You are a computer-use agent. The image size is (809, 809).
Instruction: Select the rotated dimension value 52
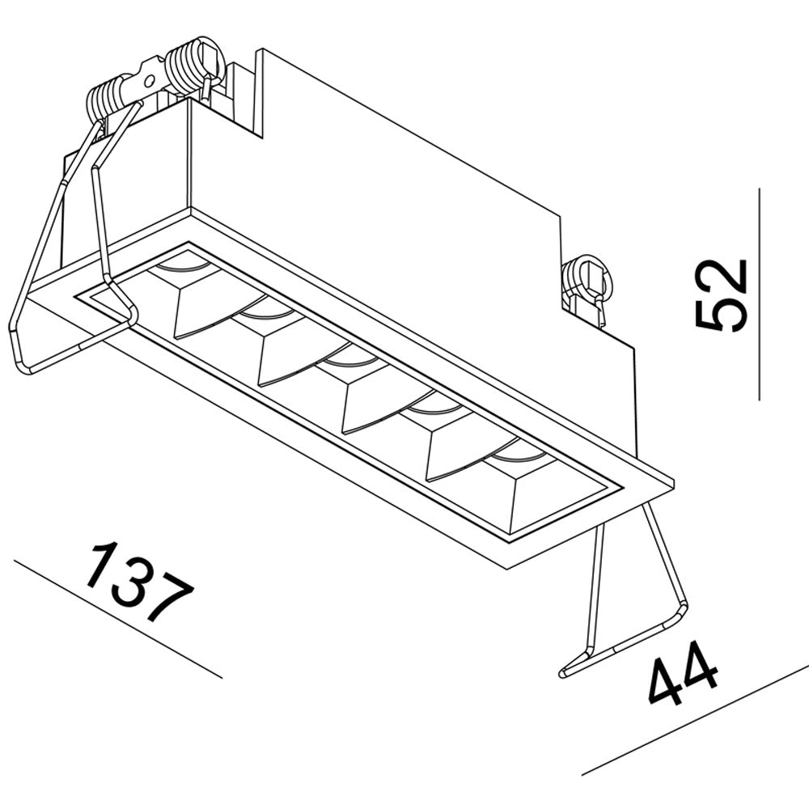pos(721,295)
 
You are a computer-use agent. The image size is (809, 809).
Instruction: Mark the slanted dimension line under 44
pos(696,719)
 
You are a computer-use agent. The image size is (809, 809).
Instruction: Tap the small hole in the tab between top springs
pos(148,79)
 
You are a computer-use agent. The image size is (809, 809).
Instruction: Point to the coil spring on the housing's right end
pos(584,279)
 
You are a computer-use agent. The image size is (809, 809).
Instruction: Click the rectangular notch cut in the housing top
pos(243,97)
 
